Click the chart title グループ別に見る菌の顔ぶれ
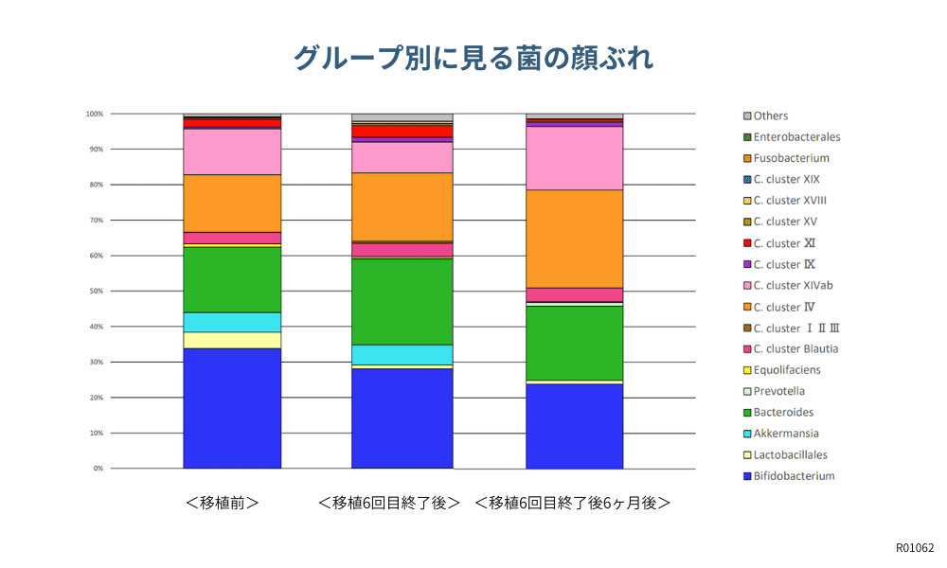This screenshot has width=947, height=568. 473,59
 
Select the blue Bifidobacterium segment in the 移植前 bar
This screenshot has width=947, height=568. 232,408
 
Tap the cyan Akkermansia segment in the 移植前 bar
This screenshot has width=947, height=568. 232,322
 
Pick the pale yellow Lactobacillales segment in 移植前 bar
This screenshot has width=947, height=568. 232,340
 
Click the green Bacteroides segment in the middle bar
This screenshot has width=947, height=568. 402,301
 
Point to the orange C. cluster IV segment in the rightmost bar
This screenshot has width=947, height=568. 574,239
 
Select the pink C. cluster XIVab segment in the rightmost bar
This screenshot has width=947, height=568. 574,158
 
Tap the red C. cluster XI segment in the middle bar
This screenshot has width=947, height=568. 402,131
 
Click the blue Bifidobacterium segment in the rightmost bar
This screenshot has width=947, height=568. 574,426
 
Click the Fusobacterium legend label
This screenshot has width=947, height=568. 791,158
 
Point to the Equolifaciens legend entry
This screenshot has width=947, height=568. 786,370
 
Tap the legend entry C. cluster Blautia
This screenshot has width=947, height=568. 795,348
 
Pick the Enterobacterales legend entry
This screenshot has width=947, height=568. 796,137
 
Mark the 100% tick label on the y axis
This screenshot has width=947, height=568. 94,114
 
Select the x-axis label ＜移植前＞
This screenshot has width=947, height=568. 223,503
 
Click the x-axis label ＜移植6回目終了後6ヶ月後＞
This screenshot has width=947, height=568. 573,503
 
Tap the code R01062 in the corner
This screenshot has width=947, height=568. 915,548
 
